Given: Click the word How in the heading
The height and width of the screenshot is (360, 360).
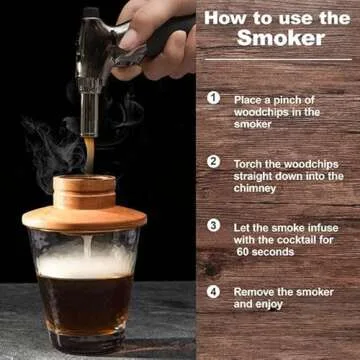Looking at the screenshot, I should pos(225,17).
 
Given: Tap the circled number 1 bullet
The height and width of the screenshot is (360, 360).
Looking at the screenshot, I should pos(213,98).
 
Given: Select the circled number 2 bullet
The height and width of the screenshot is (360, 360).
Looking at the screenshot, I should pos(213,161).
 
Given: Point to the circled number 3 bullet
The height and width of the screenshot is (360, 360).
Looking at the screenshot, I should pos(213,225).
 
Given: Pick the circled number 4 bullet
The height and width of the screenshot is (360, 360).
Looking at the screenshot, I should pos(213,291).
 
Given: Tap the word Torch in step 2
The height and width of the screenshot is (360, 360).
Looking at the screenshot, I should pos(250,162).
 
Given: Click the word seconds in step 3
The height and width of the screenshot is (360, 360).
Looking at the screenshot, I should pos(277,252).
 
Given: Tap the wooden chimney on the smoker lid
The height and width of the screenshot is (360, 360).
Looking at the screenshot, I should pos(84,190).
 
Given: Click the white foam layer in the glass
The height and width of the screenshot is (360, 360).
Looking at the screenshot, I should pos(85,264).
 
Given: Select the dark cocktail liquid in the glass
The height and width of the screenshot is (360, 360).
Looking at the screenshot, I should pos(85,305).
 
